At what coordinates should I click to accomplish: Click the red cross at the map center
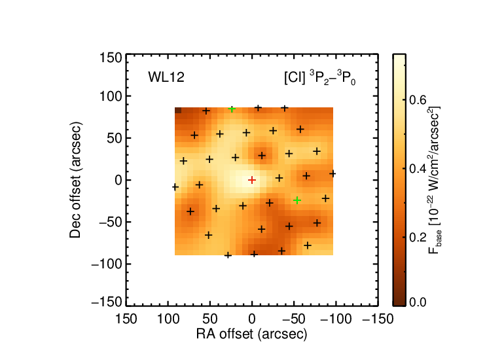252,180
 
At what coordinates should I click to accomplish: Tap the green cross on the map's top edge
232,109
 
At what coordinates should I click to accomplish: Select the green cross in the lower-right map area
297,200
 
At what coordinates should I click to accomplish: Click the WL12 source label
166,77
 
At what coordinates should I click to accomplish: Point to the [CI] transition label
320,77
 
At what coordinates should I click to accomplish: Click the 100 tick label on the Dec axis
111,96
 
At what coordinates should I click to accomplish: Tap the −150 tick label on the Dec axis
107,302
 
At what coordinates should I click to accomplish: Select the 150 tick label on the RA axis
126,319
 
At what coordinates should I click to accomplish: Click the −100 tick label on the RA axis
336,319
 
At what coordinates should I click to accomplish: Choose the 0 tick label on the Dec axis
118,180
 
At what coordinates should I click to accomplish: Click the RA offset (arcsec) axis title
252,334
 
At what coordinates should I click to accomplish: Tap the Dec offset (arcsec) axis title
75,180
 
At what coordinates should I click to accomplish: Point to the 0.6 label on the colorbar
418,100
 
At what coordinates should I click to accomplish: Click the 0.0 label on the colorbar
418,302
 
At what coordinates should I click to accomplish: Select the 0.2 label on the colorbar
418,237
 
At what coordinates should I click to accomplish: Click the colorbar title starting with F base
433,180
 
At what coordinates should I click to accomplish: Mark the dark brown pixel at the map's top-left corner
178,111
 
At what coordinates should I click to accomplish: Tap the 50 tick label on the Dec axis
115,138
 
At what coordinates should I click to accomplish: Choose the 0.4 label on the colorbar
418,168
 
